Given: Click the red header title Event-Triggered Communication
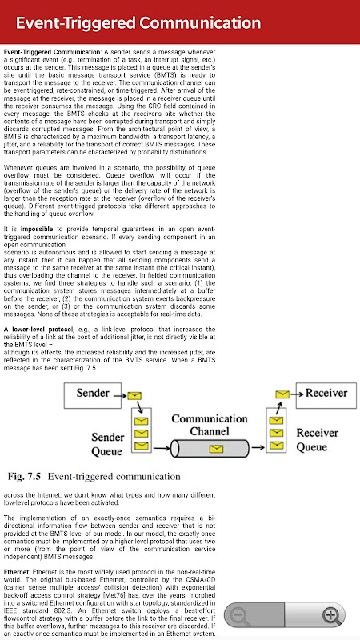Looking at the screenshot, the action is tap(138, 23).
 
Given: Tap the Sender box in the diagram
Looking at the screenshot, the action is tap(93, 395).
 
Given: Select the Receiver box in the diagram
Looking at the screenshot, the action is tap(326, 395).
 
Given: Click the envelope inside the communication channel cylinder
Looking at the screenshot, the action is tap(216, 449).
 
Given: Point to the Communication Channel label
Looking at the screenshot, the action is tap(210, 425).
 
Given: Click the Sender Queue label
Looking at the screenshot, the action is tap(107, 444).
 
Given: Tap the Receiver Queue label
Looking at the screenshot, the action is tap(317, 439).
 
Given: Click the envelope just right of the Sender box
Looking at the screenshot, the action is tap(134, 395).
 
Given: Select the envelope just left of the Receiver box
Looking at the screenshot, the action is tap(282, 394).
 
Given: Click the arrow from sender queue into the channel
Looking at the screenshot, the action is tap(162, 449).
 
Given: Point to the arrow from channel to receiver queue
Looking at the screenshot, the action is tap(258, 448).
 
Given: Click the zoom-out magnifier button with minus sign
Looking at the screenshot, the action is tap(241, 615).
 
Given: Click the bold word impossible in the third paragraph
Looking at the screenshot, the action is tap(37, 229).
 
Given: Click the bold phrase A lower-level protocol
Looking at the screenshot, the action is tap(38, 330).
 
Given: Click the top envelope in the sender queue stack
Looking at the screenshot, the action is tap(141, 421).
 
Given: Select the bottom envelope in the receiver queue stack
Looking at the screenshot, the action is tap(276, 444).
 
